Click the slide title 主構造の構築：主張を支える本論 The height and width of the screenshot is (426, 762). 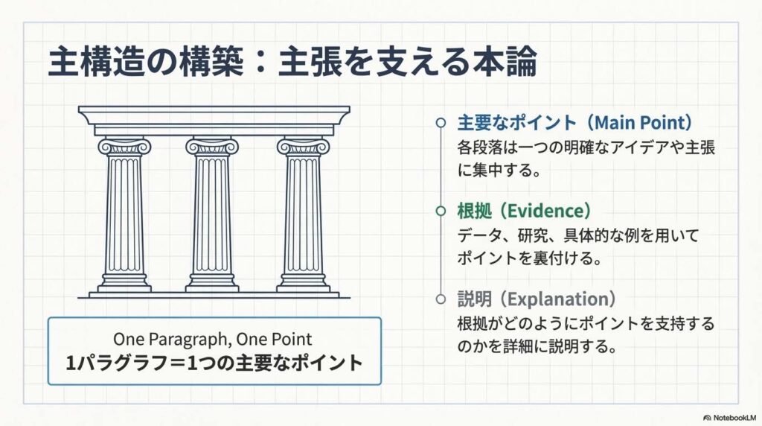292,61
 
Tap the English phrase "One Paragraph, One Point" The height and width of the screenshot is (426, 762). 212,339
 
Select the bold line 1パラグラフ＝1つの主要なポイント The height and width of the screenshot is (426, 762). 214,363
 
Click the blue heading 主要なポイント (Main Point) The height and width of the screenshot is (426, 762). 574,123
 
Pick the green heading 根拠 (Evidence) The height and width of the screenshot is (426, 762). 525,211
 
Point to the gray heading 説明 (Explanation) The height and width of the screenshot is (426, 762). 537,299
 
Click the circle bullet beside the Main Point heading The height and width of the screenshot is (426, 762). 441,123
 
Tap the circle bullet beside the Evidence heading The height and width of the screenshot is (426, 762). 441,211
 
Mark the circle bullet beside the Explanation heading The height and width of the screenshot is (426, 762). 441,299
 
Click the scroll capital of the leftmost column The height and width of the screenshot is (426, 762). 124,146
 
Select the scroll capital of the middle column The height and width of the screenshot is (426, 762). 212,146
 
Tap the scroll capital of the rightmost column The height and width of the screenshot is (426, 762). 304,146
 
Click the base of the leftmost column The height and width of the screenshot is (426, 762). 124,282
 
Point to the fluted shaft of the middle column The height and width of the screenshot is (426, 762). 212,214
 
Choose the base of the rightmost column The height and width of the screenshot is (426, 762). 304,282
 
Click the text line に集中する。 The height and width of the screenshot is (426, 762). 499,171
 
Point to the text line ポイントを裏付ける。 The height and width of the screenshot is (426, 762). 530,258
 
